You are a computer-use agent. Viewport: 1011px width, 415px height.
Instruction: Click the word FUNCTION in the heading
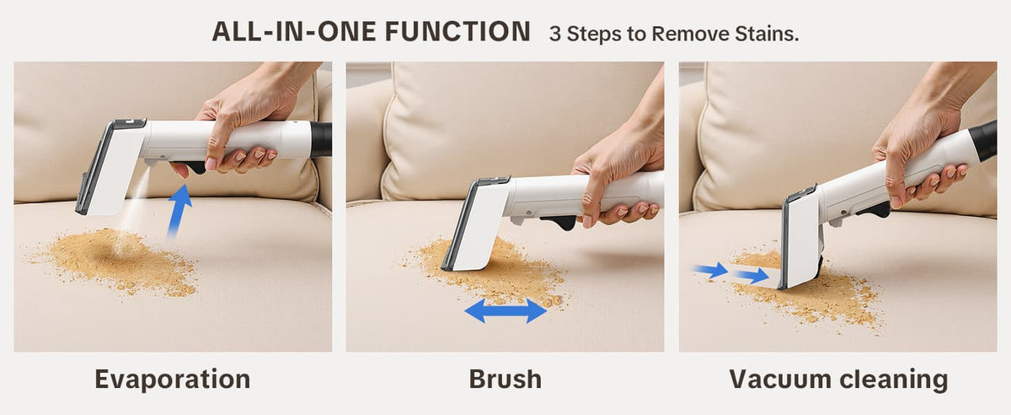coord(457,32)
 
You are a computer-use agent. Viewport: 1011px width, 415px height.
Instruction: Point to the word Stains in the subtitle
coord(767,34)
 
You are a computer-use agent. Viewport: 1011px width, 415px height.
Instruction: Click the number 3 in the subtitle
coord(554,34)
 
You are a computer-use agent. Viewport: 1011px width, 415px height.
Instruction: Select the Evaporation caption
coord(173,379)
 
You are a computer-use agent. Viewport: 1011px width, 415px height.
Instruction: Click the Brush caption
coord(505,379)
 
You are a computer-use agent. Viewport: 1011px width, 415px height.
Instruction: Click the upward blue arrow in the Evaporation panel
coord(179,211)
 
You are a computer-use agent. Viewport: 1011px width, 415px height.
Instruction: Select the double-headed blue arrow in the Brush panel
coord(505,310)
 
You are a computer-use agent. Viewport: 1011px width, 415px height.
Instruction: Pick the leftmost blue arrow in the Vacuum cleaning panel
coord(709,270)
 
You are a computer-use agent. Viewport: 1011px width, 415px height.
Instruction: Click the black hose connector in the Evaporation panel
coord(321,139)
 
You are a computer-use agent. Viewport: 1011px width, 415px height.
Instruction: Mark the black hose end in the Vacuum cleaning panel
coord(983,141)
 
